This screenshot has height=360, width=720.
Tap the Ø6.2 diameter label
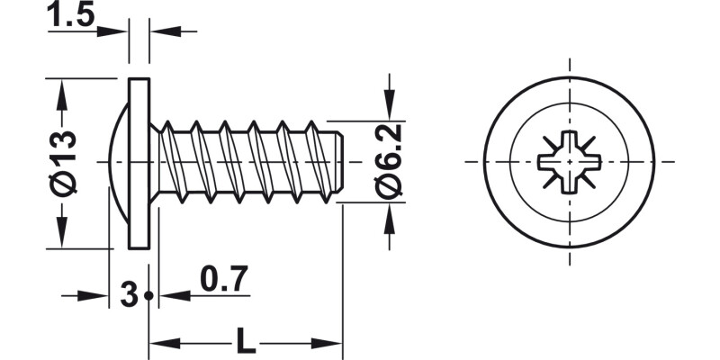(x=389, y=162)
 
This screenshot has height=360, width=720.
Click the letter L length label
(x=244, y=341)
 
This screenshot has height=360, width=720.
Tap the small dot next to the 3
(x=148, y=295)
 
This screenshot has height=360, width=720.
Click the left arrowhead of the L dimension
(x=159, y=343)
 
